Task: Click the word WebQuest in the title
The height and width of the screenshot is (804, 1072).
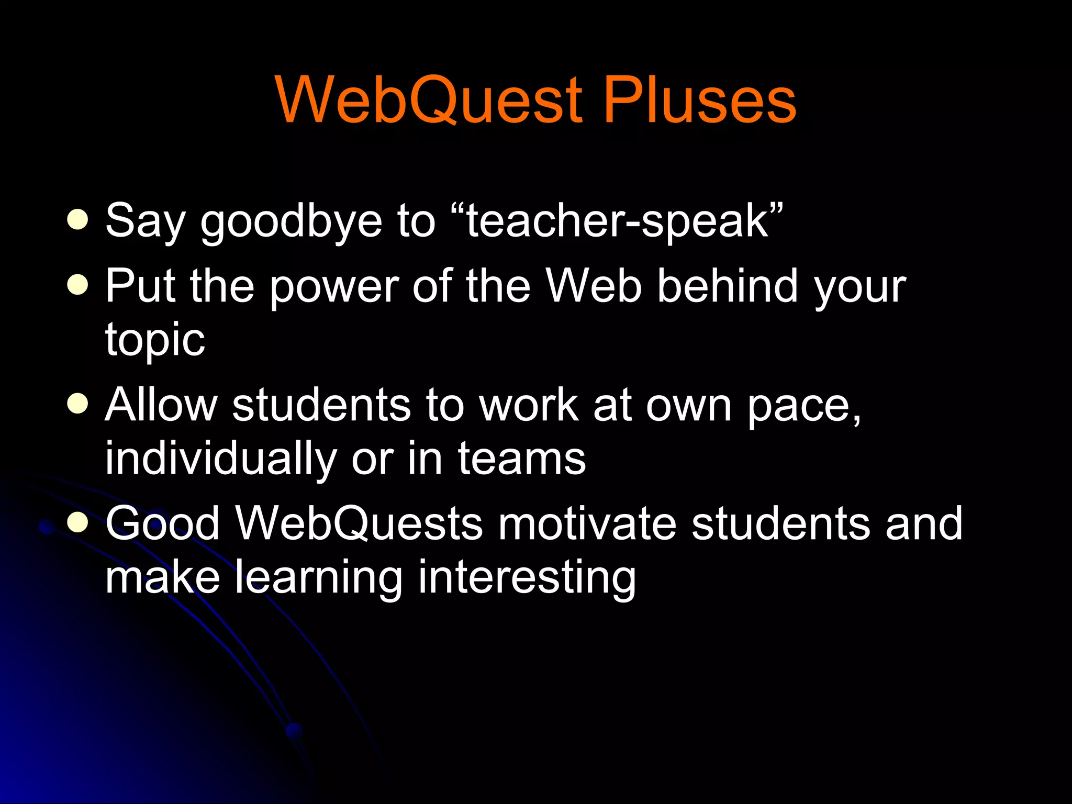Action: (429, 99)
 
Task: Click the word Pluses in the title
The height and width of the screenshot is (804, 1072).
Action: (700, 99)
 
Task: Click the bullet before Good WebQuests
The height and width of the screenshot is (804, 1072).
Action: (78, 522)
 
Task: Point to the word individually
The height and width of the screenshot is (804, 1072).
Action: (220, 459)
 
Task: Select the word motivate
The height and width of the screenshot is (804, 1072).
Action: (587, 523)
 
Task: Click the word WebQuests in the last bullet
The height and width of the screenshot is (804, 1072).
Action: (359, 523)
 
